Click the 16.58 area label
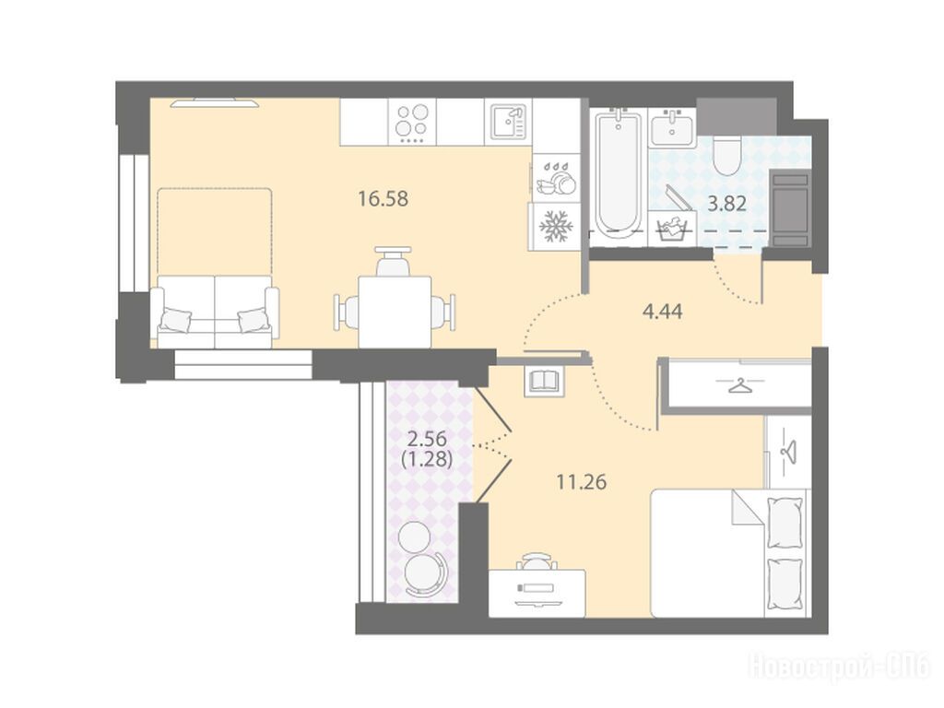[x=383, y=199]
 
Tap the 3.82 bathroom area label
[x=726, y=204]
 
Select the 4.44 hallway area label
[x=662, y=312]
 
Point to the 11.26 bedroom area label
[x=581, y=482]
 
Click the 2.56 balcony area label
[x=426, y=438]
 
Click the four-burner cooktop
[x=412, y=122]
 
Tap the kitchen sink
[x=509, y=122]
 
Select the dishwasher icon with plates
[x=556, y=179]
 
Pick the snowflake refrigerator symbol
[x=554, y=227]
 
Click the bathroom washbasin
[x=672, y=127]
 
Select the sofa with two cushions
[x=214, y=312]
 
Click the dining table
[x=395, y=312]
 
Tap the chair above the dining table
[x=393, y=261]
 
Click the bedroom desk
[x=537, y=594]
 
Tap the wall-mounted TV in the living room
[x=214, y=103]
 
